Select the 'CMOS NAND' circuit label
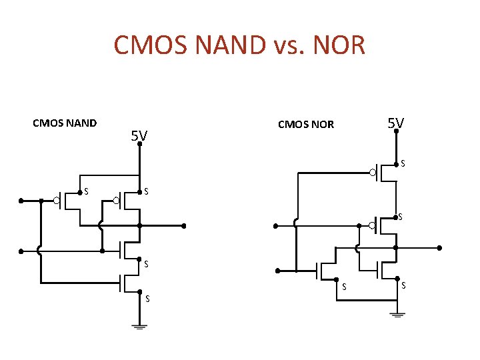tap(65, 123)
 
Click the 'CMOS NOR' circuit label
tap(305, 125)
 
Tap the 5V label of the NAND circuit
tap(139, 137)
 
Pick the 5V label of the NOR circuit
tap(396, 123)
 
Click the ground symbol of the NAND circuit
tap(140, 326)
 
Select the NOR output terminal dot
tap(440, 247)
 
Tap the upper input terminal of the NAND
tap(21, 200)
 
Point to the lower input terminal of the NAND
tap(21, 251)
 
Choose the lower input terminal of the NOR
tap(278, 271)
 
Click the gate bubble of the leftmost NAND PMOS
tap(58, 200)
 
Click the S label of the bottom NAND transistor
tap(147, 298)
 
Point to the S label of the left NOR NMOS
tap(344, 287)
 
